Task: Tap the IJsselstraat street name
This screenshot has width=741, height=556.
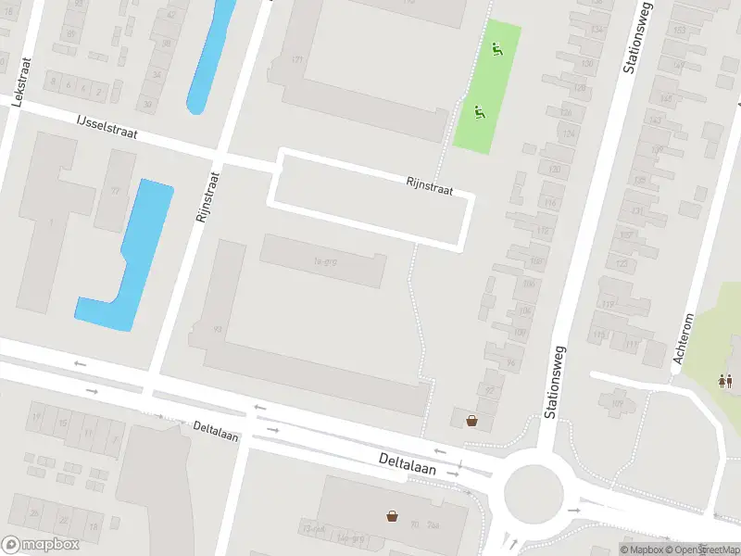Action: click(107, 128)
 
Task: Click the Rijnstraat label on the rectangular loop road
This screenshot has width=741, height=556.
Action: click(429, 186)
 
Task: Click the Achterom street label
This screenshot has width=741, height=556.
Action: click(685, 339)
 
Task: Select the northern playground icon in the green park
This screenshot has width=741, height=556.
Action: click(497, 49)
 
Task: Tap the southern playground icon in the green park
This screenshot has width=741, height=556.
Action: click(479, 113)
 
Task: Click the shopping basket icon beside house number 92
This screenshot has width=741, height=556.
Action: click(472, 420)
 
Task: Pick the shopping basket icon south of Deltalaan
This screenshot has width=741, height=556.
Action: click(393, 515)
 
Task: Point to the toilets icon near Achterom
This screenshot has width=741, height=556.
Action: click(725, 379)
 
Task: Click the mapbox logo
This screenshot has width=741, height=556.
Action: click(39, 544)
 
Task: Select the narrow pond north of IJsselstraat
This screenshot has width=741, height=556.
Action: click(211, 56)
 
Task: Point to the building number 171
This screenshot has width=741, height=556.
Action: click(297, 59)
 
